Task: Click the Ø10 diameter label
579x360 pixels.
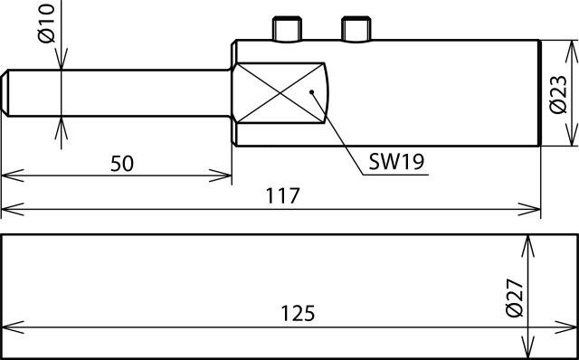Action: click(46, 24)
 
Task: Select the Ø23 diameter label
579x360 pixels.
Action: click(557, 95)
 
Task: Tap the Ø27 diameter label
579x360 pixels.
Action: click(515, 298)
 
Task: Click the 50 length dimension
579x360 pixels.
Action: click(122, 164)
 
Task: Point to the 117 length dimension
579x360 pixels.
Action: click(282, 195)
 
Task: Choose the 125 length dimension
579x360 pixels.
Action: click(298, 313)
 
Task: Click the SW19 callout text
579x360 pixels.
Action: click(396, 162)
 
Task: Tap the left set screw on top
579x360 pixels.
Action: click(287, 29)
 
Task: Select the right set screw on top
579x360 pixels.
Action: click(356, 29)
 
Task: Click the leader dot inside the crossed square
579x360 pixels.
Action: click(311, 91)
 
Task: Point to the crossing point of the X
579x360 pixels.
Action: click(280, 93)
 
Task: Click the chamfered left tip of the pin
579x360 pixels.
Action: click(5, 93)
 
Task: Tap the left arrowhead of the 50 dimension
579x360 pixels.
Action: click(13, 175)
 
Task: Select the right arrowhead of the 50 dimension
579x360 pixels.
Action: click(221, 175)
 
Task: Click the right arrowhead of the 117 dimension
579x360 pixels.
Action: click(529, 209)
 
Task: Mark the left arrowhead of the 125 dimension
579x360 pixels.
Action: click(13, 327)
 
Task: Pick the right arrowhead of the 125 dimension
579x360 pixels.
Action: click(566, 327)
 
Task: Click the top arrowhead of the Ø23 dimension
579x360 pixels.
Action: click(572, 52)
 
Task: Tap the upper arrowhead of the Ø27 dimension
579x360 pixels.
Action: click(527, 246)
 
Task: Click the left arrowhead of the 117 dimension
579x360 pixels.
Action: click(13, 209)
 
